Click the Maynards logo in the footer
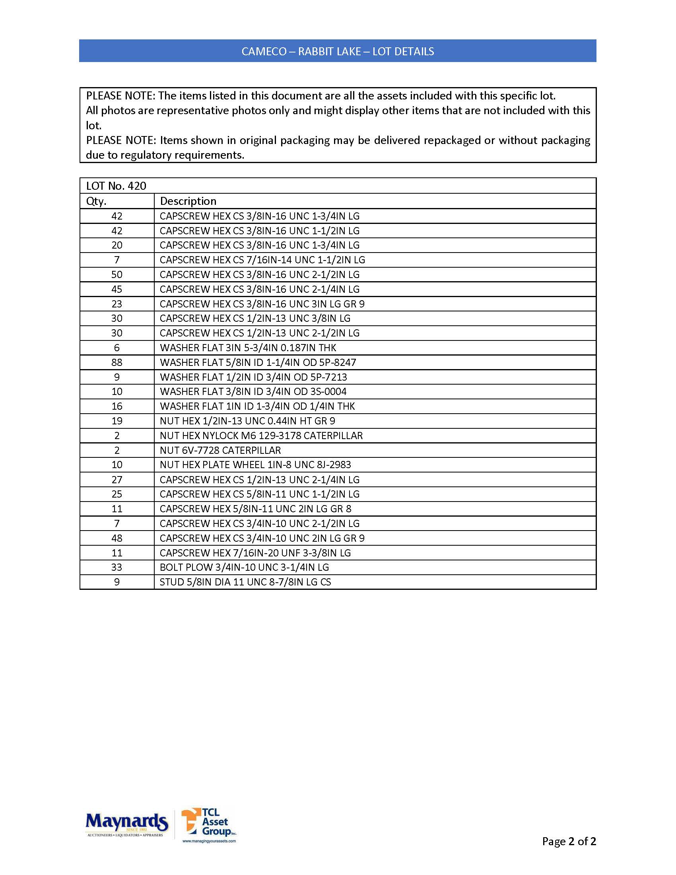[126, 823]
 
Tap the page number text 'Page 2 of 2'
[569, 841]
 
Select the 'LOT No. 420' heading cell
[116, 186]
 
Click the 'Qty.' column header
[97, 201]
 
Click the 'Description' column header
[188, 201]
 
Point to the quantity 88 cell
[117, 363]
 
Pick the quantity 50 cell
[117, 275]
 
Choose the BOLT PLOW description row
[244, 567]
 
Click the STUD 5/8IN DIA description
[245, 582]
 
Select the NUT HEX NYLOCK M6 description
[261, 436]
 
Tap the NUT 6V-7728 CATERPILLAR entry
[220, 450]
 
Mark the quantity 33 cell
[117, 567]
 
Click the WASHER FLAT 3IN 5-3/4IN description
[248, 348]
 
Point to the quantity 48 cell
[117, 538]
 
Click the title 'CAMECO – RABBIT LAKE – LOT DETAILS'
[338, 51]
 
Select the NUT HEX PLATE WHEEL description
[255, 465]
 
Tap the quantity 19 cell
[117, 421]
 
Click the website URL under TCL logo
[209, 841]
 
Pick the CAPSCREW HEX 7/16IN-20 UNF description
[255, 553]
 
